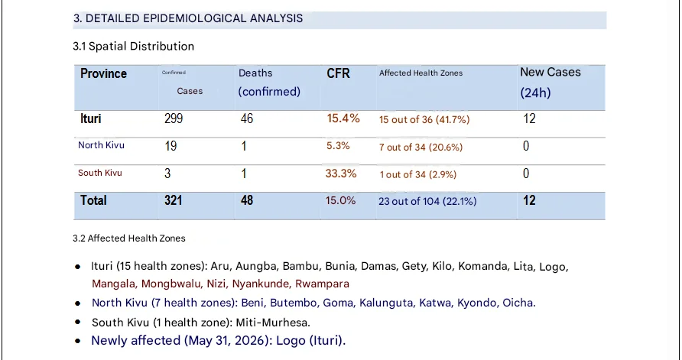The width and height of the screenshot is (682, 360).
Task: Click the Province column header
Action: [x=103, y=73]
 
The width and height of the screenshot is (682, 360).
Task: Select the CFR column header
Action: [x=338, y=73]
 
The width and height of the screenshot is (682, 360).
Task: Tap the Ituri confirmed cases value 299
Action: [x=174, y=118]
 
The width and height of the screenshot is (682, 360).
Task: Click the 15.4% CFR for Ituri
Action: [x=343, y=118]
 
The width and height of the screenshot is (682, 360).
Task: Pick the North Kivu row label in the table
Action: [x=102, y=145]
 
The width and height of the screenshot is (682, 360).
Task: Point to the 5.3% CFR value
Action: [x=338, y=146]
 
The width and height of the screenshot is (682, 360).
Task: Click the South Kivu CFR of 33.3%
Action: [x=341, y=174]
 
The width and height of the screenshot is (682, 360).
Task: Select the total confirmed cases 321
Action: [x=173, y=200]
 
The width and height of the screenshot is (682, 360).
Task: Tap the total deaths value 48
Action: [x=247, y=200]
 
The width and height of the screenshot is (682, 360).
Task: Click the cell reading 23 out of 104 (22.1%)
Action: [x=427, y=201]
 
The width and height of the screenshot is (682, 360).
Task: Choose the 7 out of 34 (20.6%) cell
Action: [x=421, y=148]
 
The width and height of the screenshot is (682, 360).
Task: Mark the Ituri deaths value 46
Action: [x=247, y=118]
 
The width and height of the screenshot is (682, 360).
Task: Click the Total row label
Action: [x=93, y=200]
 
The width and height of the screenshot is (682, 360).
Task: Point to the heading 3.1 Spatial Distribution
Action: [x=134, y=46]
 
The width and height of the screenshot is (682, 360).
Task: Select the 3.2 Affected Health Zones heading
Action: [x=129, y=238]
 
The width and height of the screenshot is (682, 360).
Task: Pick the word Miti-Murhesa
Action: [x=273, y=323]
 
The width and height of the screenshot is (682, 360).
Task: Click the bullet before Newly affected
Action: [x=78, y=341]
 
